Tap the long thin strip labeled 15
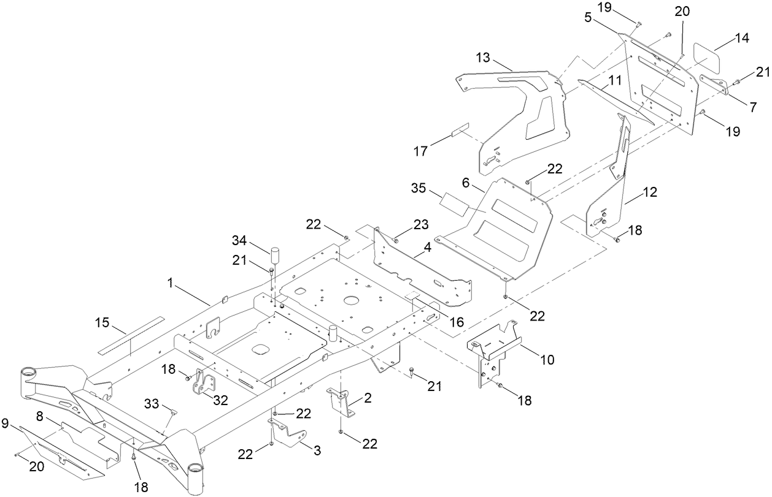[131, 335]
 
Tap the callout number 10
[546, 360]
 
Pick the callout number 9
[5, 422]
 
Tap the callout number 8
[41, 416]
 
